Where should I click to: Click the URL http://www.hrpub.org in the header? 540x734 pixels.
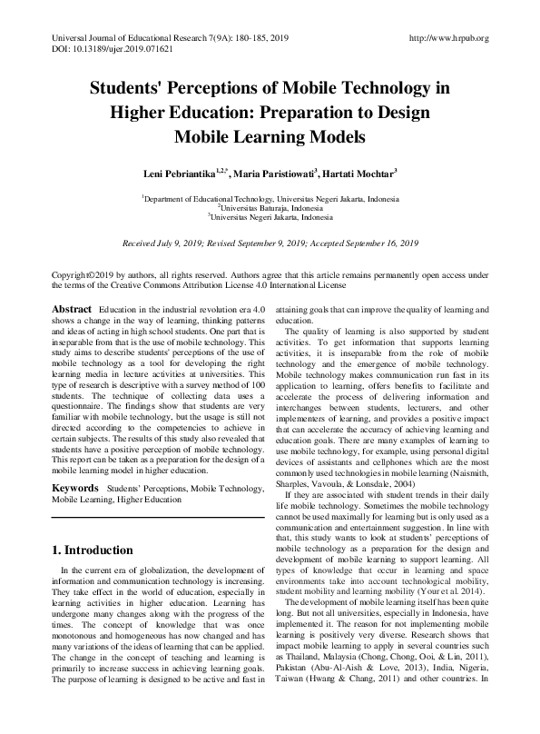click(x=449, y=38)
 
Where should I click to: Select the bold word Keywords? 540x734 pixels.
click(x=74, y=489)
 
